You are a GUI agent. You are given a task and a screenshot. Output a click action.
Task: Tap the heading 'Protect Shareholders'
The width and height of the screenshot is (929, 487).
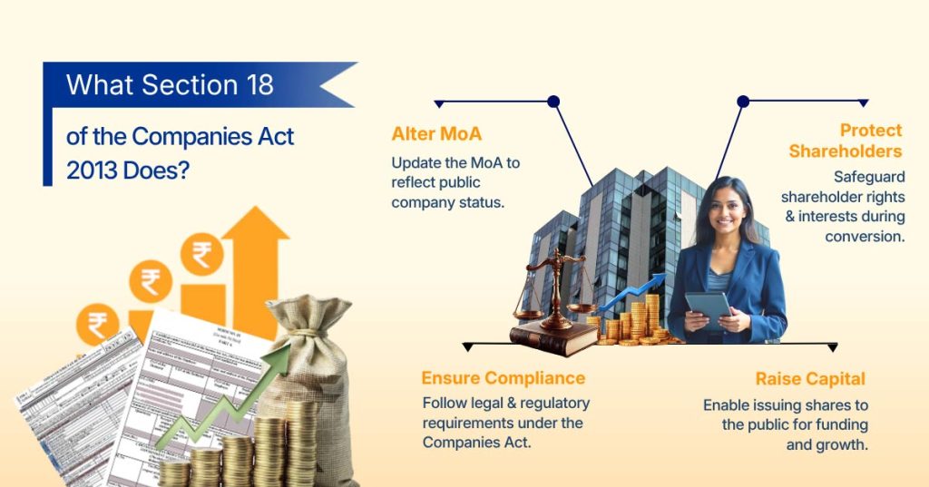(846, 141)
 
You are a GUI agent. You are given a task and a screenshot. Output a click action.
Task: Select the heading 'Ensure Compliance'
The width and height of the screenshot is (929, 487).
(503, 378)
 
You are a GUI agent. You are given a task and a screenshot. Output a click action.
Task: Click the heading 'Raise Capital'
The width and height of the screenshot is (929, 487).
(810, 379)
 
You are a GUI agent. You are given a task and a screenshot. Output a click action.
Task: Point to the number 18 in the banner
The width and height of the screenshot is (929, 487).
(255, 85)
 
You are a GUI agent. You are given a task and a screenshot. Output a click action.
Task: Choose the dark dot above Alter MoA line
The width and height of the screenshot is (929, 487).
(553, 102)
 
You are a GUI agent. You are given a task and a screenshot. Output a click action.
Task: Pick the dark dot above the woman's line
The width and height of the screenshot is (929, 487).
(743, 102)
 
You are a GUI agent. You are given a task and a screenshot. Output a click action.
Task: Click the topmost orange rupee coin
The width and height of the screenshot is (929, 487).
(201, 254)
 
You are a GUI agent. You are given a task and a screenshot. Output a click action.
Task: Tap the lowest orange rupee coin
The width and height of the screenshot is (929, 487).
(97, 325)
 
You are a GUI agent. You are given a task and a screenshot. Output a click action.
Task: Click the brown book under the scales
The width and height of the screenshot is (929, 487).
(553, 337)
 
